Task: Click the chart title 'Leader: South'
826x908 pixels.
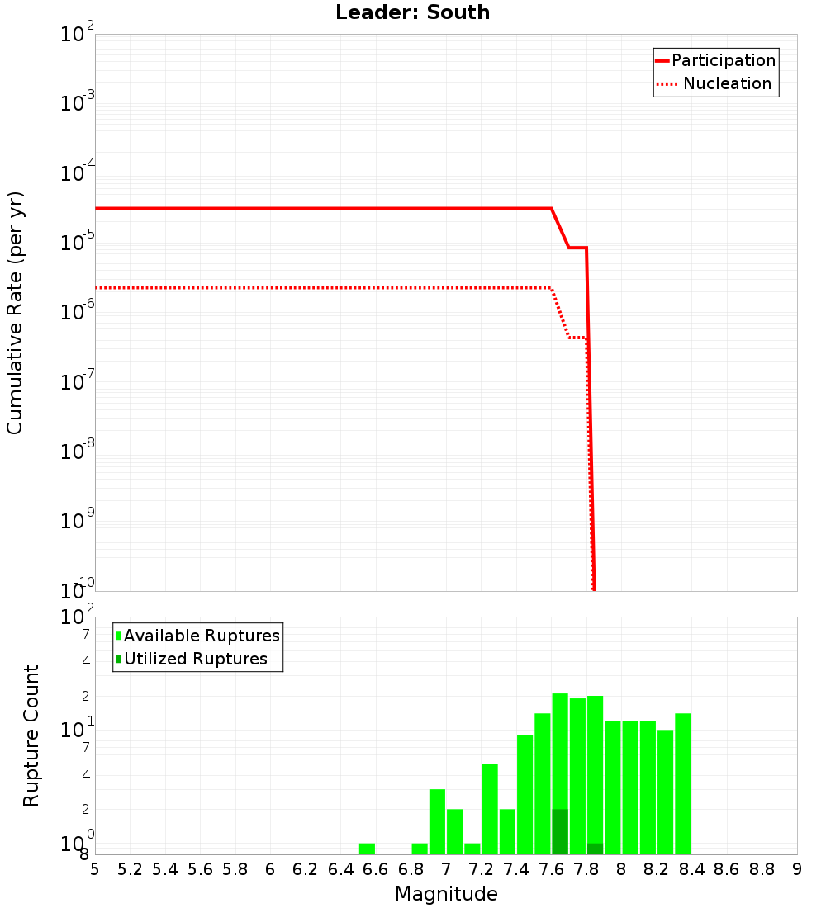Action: coord(412,13)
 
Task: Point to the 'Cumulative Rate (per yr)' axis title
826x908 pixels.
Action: coord(15,312)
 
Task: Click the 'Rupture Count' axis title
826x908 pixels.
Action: coord(31,735)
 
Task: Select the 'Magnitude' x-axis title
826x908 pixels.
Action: coord(446,894)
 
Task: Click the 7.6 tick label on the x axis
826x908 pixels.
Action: coord(551,869)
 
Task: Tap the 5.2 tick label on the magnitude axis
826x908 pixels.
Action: coord(130,869)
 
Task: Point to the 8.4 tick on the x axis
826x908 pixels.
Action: coord(691,869)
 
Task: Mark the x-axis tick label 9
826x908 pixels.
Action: coord(796,869)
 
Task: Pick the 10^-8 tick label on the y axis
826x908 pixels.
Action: coord(78,452)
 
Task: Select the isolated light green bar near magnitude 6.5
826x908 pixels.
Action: coord(367,849)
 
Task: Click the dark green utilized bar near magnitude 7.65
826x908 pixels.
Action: coord(560,832)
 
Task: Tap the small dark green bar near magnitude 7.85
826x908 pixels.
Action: coord(595,849)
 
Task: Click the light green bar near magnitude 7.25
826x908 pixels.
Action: coord(490,809)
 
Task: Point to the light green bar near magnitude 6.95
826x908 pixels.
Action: coord(437,822)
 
